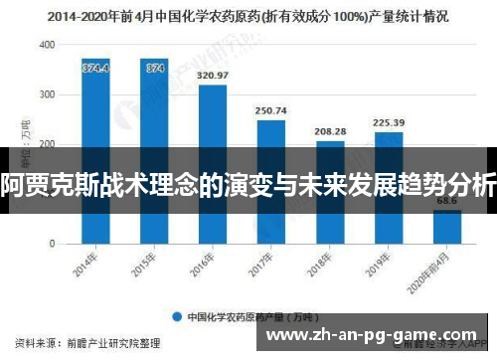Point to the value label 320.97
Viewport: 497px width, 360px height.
pyautogui.click(x=213, y=75)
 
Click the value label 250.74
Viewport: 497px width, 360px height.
pyautogui.click(x=271, y=110)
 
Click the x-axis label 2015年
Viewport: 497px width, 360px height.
pyautogui.click(x=149, y=264)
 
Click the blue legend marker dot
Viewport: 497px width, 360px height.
pyautogui.click(x=177, y=317)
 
